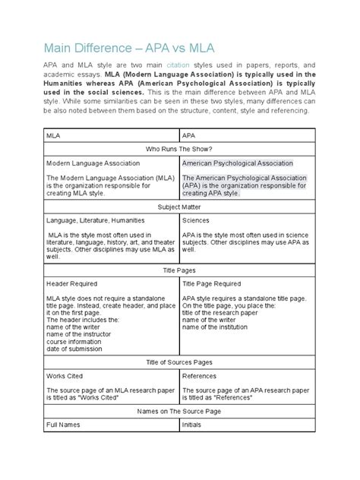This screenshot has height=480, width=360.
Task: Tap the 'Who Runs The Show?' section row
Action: click(179, 148)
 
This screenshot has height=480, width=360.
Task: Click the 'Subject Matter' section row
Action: click(179, 206)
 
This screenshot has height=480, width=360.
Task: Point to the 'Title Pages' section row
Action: click(179, 269)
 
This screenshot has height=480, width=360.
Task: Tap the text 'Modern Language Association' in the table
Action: click(93, 163)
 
